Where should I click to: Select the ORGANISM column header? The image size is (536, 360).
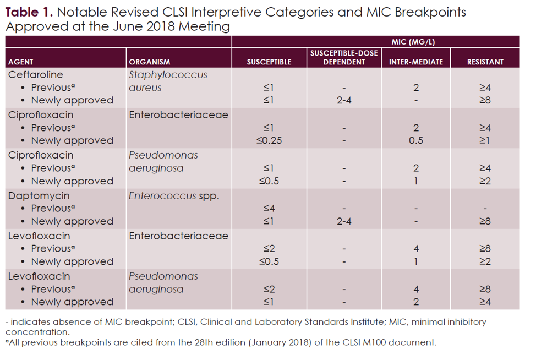(x=149, y=62)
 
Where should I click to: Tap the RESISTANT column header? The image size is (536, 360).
(x=485, y=62)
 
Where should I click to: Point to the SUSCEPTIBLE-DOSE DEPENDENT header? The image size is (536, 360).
(x=344, y=57)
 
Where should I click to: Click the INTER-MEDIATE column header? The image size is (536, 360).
(x=415, y=62)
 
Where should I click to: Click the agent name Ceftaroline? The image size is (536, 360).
(x=36, y=75)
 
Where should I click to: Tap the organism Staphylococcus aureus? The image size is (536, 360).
(x=168, y=81)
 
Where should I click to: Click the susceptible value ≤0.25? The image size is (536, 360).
(x=269, y=140)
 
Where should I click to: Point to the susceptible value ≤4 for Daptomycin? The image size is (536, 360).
(x=269, y=208)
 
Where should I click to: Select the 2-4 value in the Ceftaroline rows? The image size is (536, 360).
(x=344, y=100)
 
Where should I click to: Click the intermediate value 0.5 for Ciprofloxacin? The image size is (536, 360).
(x=415, y=140)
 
